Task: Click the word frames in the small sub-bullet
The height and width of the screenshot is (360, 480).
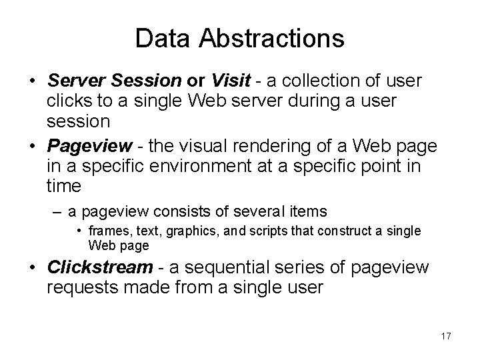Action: tap(107, 231)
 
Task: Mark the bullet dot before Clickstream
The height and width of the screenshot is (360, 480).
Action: tap(32, 268)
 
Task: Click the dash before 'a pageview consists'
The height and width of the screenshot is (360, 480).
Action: tap(59, 212)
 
